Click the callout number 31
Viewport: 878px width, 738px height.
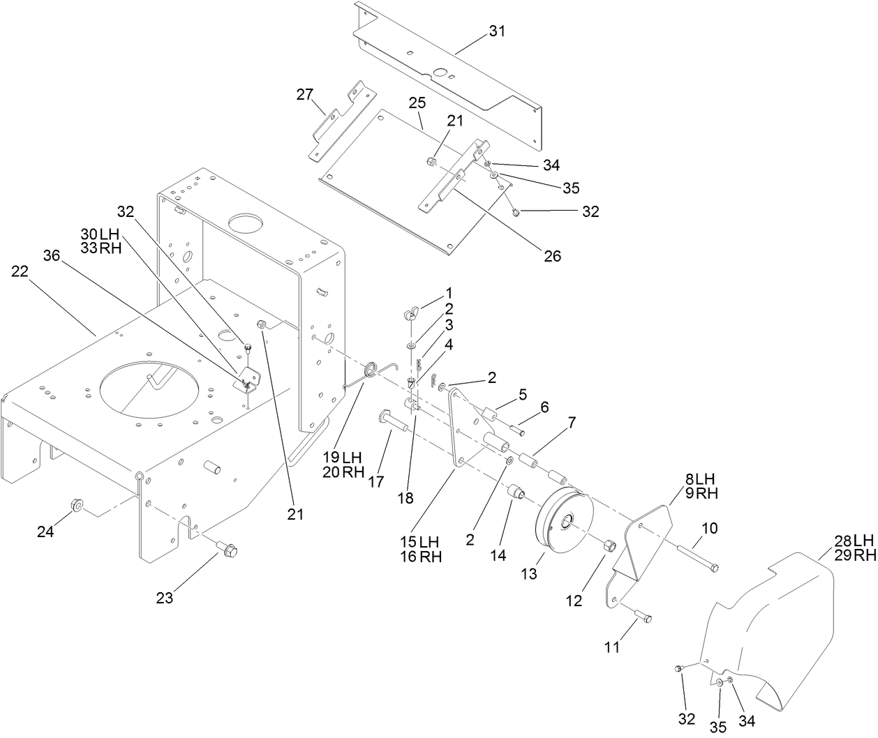pyautogui.click(x=497, y=31)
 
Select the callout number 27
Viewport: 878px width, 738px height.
pyautogui.click(x=305, y=95)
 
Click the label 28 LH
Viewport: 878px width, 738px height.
pyautogui.click(x=854, y=540)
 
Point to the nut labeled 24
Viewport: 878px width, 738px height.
pyautogui.click(x=77, y=504)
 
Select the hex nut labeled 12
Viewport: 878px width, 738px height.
pyautogui.click(x=607, y=545)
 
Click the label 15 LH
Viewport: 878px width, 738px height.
pyautogui.click(x=418, y=541)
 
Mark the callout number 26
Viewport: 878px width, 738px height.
pyautogui.click(x=552, y=256)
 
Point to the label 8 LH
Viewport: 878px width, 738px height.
pyautogui.click(x=699, y=479)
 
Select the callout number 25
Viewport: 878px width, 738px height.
pyautogui.click(x=417, y=103)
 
